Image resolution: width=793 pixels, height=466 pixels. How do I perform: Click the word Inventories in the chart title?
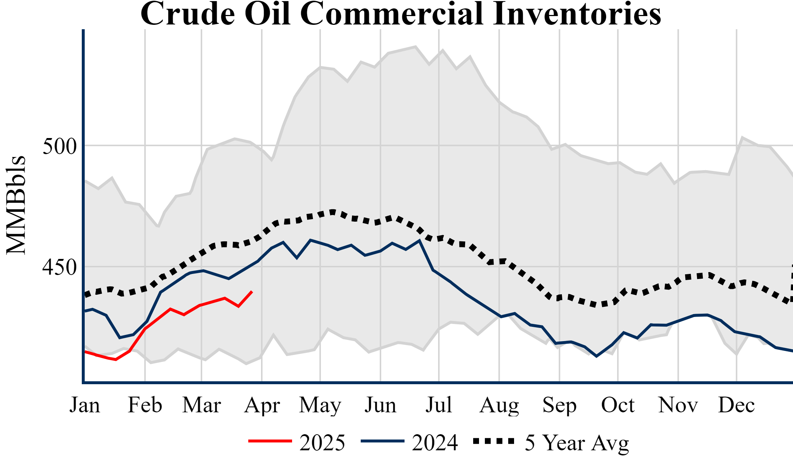point(577,14)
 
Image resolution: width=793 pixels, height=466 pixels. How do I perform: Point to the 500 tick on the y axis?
point(60,146)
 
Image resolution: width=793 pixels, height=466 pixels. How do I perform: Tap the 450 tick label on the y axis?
point(60,267)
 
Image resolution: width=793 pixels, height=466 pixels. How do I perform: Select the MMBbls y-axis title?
point(16,205)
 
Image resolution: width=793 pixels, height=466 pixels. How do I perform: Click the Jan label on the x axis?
point(85,405)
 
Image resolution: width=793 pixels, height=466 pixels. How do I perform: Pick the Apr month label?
point(262,405)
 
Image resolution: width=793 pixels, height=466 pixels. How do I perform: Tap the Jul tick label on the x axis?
point(439,405)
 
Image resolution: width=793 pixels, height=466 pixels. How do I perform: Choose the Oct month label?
point(618,405)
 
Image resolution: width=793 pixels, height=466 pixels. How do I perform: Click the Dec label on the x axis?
point(736,405)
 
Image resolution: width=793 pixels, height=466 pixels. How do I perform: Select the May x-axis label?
point(320,405)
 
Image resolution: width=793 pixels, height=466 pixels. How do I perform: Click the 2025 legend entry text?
point(322,443)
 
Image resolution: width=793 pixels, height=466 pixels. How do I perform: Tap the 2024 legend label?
point(435,443)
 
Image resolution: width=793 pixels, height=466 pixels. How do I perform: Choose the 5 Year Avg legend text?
point(577,443)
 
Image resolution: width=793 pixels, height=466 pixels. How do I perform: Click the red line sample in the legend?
point(270,441)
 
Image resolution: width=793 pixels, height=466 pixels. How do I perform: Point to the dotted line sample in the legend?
point(494,441)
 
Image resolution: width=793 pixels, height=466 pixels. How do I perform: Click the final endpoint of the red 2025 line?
point(252,291)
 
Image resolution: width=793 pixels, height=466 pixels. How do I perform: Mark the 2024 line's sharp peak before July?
point(420,240)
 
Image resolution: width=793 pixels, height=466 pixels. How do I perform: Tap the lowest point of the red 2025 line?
point(116,360)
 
